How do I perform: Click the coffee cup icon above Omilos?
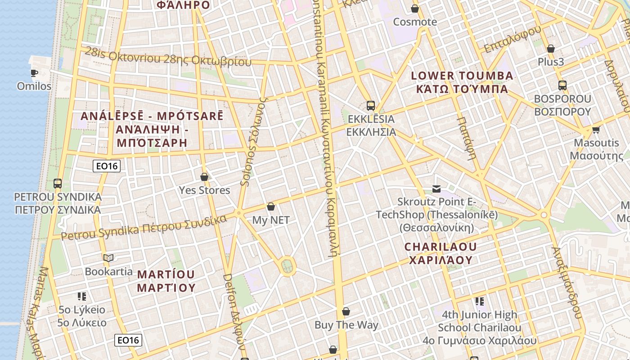pyautogui.click(x=34, y=72)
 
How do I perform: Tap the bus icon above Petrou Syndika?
pyautogui.click(x=58, y=184)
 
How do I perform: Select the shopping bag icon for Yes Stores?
pyautogui.click(x=204, y=177)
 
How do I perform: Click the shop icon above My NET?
pyautogui.click(x=271, y=207)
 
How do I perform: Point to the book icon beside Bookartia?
pyautogui.click(x=108, y=258)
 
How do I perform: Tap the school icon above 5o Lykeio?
pyautogui.click(x=82, y=296)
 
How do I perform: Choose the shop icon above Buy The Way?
pyautogui.click(x=346, y=311)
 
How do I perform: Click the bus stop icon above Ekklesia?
pyautogui.click(x=371, y=106)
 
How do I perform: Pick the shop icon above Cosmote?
pyautogui.click(x=415, y=9)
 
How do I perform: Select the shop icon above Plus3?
pyautogui.click(x=551, y=49)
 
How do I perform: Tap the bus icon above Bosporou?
pyautogui.click(x=562, y=85)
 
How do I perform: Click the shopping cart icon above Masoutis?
pyautogui.click(x=596, y=130)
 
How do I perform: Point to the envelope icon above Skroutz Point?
pyautogui.click(x=436, y=189)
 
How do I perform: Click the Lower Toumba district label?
pyautogui.click(x=462, y=82)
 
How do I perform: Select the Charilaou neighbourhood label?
pyautogui.click(x=440, y=253)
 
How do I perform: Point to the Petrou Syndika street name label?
pyautogui.click(x=144, y=228)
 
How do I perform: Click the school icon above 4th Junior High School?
pyautogui.click(x=480, y=301)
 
